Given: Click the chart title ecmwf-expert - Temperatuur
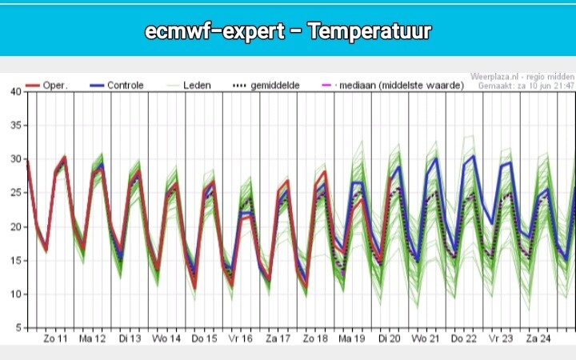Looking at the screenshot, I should (x=288, y=31).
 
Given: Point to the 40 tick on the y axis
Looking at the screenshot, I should (x=17, y=91).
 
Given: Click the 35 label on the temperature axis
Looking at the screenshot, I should (x=17, y=125).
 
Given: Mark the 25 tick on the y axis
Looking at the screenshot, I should (x=17, y=193).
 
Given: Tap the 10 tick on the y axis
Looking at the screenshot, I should (x=17, y=294).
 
